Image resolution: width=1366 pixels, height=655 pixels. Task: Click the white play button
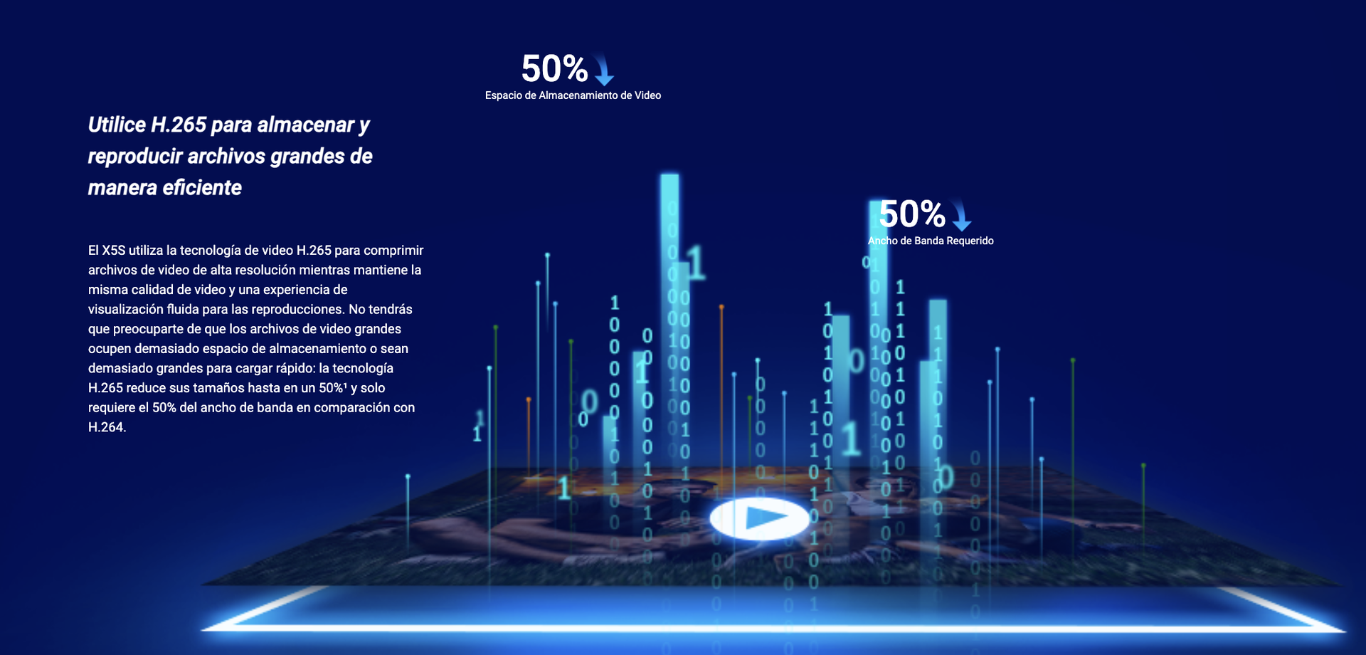tap(760, 518)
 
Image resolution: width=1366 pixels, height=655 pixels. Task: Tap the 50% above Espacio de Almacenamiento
tap(555, 69)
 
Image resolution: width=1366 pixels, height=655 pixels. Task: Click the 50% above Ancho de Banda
tap(912, 214)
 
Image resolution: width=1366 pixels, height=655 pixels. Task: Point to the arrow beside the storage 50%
tap(603, 70)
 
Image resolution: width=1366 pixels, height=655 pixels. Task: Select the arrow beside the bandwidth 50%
tap(961, 215)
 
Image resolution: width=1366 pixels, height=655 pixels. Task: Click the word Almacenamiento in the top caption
tap(585, 95)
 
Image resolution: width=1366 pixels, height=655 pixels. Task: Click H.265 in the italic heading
tap(179, 125)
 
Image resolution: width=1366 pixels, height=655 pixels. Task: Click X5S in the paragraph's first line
tap(114, 251)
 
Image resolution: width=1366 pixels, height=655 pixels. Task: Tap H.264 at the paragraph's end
tap(107, 427)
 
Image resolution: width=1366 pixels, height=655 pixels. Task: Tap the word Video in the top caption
tap(647, 95)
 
